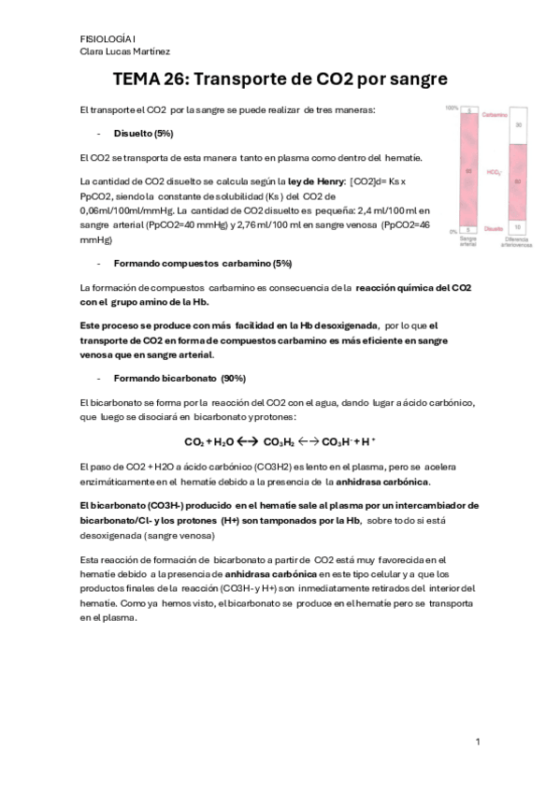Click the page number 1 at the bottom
(478, 742)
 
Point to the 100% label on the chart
(452, 108)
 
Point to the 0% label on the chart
(453, 231)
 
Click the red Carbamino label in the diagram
(495, 114)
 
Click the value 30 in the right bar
(519, 124)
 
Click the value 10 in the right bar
(519, 226)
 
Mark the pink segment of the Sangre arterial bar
(469, 170)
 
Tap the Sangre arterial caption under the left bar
(469, 242)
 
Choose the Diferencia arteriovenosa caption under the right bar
(519, 242)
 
